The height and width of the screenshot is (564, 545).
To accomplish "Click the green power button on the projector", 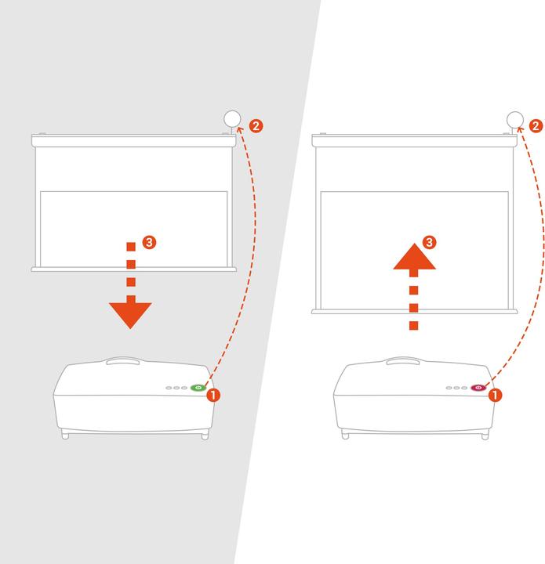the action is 198,388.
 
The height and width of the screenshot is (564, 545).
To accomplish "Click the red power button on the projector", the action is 478,388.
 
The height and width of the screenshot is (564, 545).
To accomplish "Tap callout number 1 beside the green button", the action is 213,395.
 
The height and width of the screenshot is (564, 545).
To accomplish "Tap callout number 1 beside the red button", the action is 495,395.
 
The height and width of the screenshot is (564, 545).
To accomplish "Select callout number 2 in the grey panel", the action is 256,126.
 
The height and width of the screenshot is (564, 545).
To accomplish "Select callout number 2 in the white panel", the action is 536,126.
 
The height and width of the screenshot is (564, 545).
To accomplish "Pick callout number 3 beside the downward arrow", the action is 150,242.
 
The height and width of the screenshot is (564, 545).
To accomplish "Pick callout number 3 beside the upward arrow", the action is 429,242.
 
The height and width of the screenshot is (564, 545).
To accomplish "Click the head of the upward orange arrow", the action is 414,256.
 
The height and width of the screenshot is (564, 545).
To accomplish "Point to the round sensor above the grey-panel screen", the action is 232,119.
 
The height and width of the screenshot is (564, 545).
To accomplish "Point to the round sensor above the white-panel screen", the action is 514,120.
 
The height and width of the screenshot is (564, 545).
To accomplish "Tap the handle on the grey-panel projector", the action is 123,361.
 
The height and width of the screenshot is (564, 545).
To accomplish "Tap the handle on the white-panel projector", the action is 403,361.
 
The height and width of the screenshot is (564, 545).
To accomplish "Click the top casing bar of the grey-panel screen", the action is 133,141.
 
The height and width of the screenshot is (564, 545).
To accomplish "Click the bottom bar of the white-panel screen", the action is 414,312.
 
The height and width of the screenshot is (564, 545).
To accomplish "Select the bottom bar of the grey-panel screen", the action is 133,269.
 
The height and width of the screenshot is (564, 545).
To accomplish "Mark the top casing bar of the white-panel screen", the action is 414,141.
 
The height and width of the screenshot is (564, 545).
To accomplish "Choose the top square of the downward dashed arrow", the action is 131,247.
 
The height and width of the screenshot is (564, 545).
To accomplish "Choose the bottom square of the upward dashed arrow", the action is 414,326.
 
